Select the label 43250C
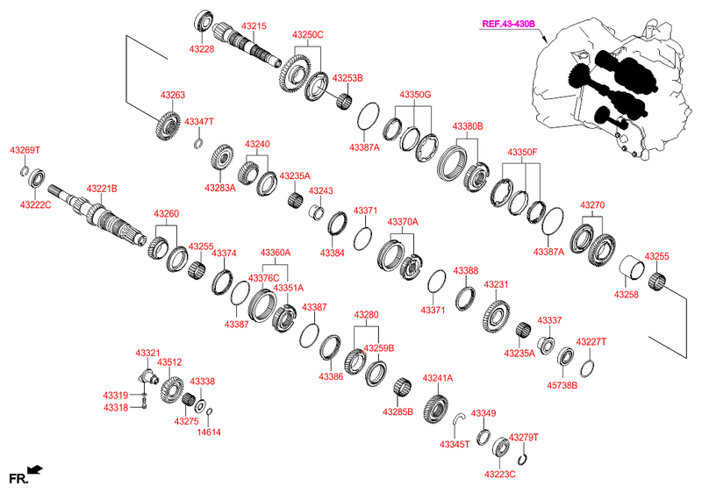(x=308, y=35)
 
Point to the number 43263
(x=172, y=94)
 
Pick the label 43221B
(x=102, y=189)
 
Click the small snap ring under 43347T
(x=199, y=143)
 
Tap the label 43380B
(x=468, y=126)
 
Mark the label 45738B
(x=562, y=383)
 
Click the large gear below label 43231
(x=496, y=316)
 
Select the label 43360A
(x=275, y=253)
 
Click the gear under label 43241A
(x=436, y=409)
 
